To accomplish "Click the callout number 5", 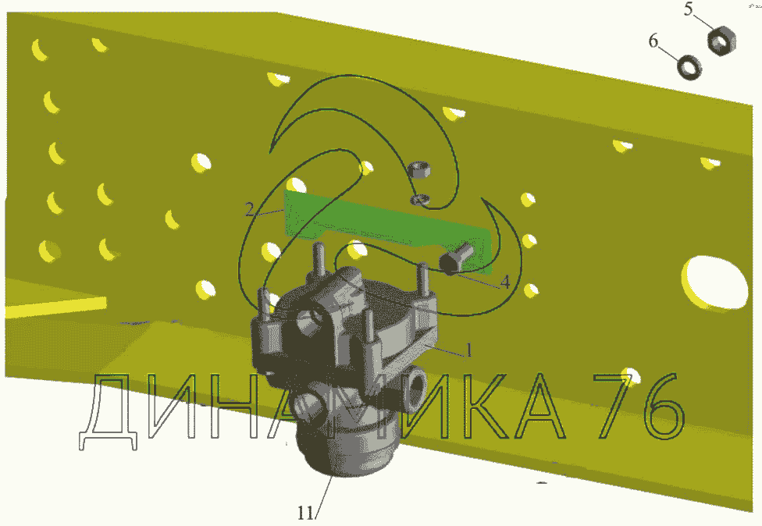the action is pos(688,9).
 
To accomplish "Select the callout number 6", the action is pos(653,41).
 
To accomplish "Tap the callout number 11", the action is pos(306,513).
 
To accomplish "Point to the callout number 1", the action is pos(469,350).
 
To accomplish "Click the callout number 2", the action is pos(249,210).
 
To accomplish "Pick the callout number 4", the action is pos(505,282).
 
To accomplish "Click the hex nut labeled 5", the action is pos(721,41).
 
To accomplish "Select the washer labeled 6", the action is pos(689,68).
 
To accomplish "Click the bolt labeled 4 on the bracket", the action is pos(457,258).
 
